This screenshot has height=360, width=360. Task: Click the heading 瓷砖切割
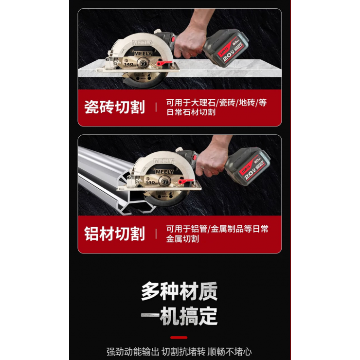click(114, 107)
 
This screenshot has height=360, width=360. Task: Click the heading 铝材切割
click(114, 234)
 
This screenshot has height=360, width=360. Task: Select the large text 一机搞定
click(179, 317)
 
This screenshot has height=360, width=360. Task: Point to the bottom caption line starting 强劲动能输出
click(179, 352)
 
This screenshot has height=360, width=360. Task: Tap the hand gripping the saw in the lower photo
click(209, 161)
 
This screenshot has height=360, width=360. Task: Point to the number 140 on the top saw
click(129, 63)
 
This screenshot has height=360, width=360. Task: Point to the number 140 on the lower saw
click(150, 181)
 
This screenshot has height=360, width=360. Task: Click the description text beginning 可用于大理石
click(216, 107)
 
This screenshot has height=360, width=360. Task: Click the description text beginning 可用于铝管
click(216, 234)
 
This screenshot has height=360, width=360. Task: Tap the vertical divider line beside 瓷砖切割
click(156, 107)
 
